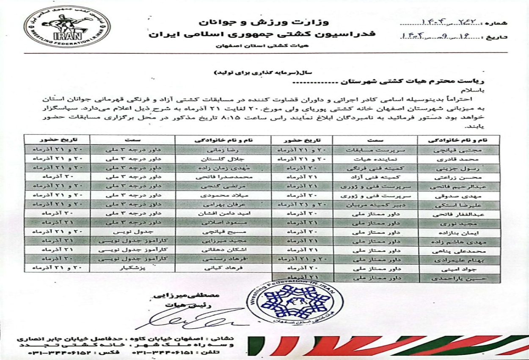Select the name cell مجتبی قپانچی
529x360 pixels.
[459, 150]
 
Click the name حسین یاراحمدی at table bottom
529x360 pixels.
[459, 278]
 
